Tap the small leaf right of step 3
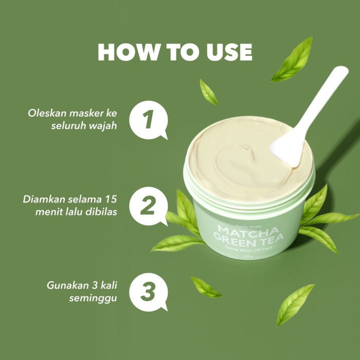click(x=206, y=287)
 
